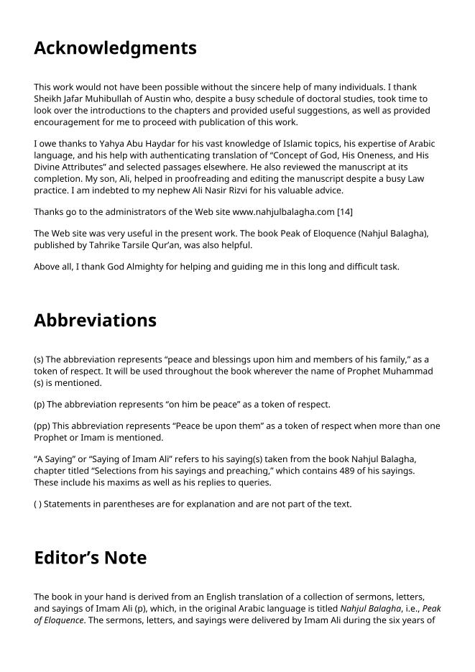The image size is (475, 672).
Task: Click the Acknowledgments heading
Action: [x=115, y=48]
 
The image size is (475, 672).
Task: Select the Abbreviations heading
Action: [x=95, y=320]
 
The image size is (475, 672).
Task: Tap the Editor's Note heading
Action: [x=90, y=558]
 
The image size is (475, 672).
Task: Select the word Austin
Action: [x=170, y=98]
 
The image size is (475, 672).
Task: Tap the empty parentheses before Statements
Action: [x=38, y=504]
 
